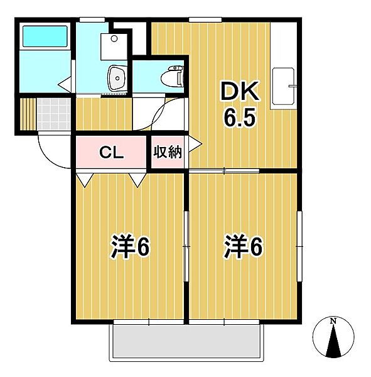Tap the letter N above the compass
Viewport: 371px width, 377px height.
click(333, 322)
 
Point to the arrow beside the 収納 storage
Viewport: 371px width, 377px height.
click(196, 144)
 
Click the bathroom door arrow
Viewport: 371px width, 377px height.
click(63, 83)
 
